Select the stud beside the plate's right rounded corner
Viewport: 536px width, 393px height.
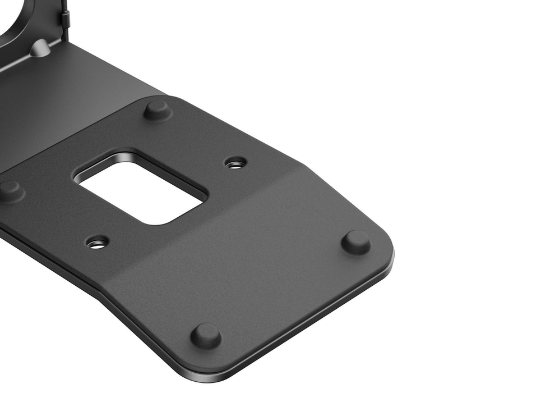point(355,242)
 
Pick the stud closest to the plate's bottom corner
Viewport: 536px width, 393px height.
point(206,335)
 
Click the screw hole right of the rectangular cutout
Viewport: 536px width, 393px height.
point(235,163)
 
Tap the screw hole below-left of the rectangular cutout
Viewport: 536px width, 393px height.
point(98,243)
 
